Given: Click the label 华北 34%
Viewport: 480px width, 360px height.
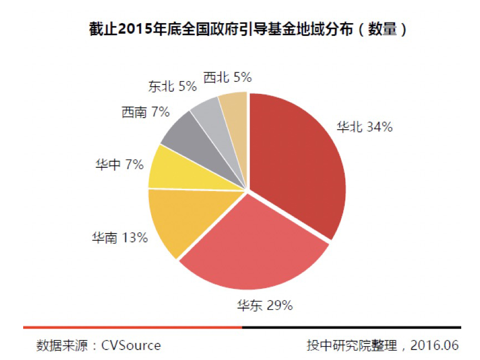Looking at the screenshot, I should pyautogui.click(x=365, y=127).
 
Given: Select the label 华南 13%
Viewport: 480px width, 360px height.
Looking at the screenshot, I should pyautogui.click(x=120, y=238).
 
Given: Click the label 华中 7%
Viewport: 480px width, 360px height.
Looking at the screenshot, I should pyautogui.click(x=120, y=164).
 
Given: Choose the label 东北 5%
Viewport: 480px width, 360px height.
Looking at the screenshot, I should pyautogui.click(x=173, y=86).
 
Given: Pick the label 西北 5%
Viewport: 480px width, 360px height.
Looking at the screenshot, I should pyautogui.click(x=227, y=77).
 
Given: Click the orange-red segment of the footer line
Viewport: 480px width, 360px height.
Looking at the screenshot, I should pyautogui.click(x=132, y=327).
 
